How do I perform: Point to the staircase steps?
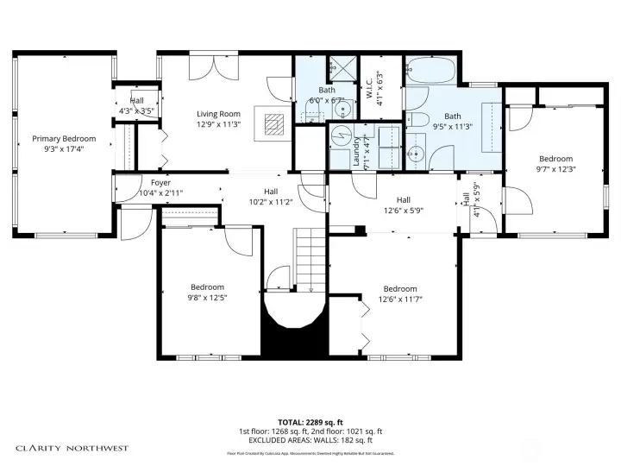tap(310, 259)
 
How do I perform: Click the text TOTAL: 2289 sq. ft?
tap(310, 423)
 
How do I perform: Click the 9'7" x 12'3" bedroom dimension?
tap(555, 169)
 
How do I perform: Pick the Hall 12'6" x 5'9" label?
tap(403, 204)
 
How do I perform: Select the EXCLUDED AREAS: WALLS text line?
tap(310, 439)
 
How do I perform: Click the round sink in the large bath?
tap(417, 155)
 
